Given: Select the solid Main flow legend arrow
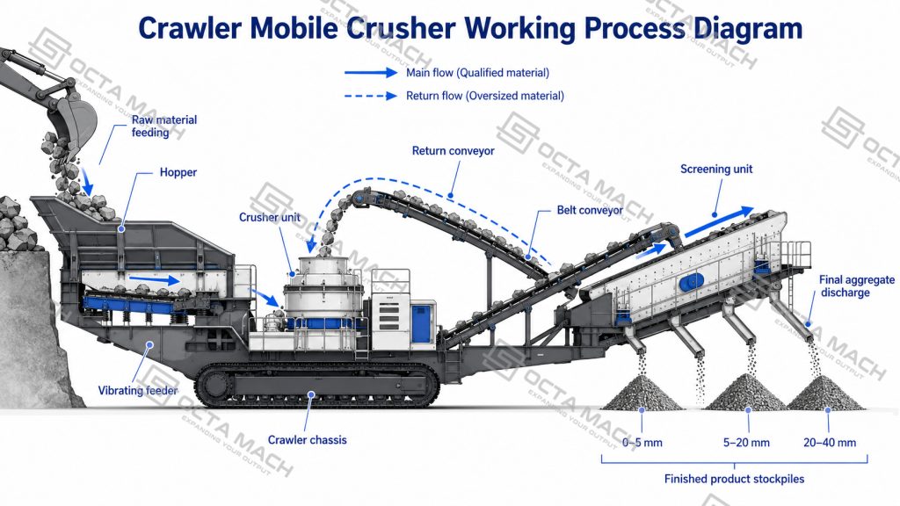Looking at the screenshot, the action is coord(371,73).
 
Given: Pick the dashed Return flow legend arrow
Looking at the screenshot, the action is coord(371,96).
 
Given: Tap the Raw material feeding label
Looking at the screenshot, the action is coord(164,126).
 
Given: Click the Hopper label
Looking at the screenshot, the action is coord(178,172).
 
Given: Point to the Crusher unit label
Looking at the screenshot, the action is coord(269,218).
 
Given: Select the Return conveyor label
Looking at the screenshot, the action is coord(453,151).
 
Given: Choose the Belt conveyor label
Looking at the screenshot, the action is coord(590,211).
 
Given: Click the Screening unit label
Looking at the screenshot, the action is coord(716,170).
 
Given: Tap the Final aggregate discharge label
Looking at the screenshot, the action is coord(856,286).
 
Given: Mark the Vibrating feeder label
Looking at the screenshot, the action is coord(138,391).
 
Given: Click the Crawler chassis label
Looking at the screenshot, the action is coord(307,440).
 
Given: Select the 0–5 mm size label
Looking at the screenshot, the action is coord(642,443).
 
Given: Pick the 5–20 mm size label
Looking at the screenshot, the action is coord(746,443).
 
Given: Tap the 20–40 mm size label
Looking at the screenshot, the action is coord(830,443).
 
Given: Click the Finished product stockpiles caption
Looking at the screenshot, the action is coord(734,479).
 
